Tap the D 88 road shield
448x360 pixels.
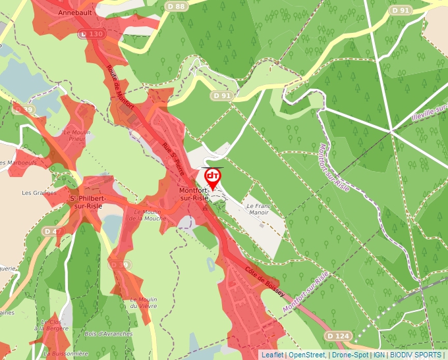point(177,6)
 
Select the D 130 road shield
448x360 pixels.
point(92,34)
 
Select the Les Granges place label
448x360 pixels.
point(36,193)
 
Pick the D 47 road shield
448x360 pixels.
point(52,231)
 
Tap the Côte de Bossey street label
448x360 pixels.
point(263,281)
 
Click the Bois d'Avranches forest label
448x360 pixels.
point(109,334)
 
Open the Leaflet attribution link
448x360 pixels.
point(272,355)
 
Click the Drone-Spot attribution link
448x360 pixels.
point(350,355)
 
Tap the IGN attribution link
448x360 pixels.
point(379,355)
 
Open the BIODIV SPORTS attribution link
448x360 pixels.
point(416,355)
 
